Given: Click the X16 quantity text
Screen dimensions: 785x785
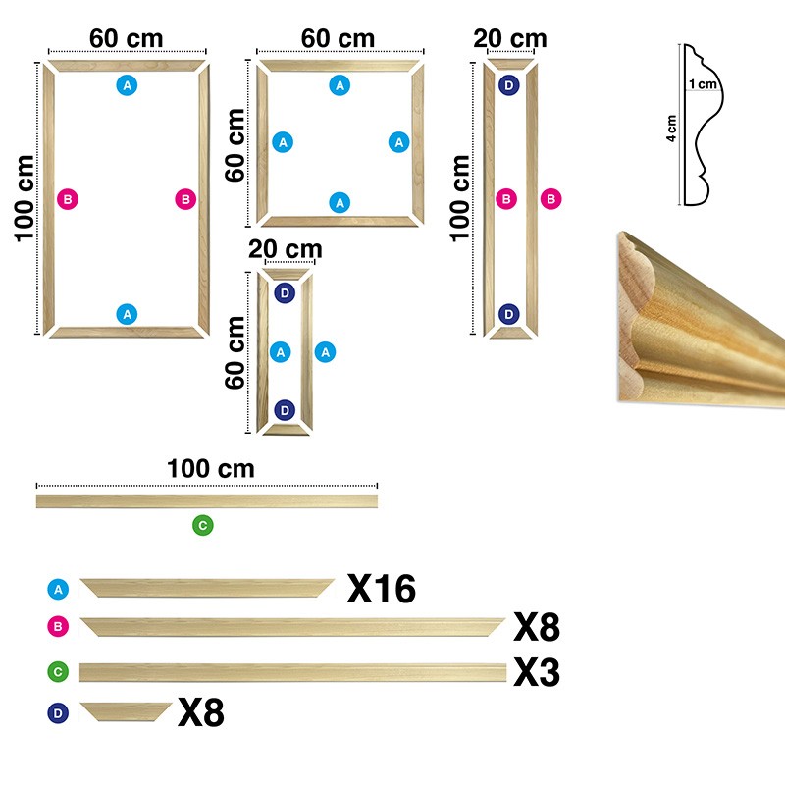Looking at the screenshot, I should tap(382, 589).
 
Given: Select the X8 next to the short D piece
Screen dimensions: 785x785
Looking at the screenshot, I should tap(200, 713).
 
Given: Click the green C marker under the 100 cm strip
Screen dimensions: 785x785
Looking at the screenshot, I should tap(202, 525).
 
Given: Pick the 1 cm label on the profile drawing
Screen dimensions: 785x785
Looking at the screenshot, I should tap(702, 84).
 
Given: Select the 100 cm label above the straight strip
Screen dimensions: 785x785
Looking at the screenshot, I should tap(210, 468).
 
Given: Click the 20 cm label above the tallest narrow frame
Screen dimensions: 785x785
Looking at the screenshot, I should tap(509, 39).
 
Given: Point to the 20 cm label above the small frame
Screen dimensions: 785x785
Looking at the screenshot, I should tap(285, 248).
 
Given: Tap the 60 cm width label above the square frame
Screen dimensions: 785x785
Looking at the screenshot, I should tap(339, 38).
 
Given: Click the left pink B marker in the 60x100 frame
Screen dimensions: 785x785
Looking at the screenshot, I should tap(67, 199).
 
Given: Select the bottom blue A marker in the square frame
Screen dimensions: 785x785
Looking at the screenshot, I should tap(340, 202).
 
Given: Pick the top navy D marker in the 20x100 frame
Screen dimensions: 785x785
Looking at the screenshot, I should tap(508, 85).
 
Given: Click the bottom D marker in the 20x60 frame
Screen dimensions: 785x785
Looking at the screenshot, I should tap(285, 409).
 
